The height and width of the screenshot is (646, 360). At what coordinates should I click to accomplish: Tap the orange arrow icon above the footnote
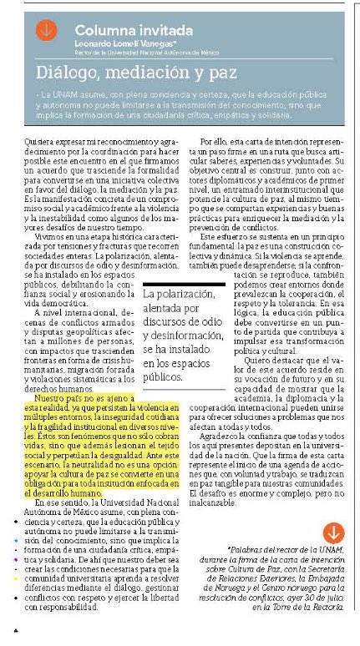pos(332,532)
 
